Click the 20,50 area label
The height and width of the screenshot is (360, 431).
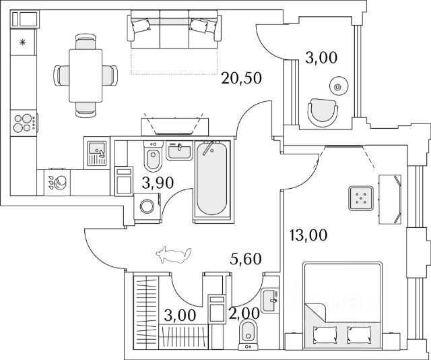pos(240,79)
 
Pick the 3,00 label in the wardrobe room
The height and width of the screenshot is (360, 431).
pos(180,315)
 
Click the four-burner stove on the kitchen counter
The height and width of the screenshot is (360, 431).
pos(24,123)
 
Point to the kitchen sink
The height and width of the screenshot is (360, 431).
pos(96,152)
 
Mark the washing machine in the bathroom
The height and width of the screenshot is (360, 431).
pos(147,206)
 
